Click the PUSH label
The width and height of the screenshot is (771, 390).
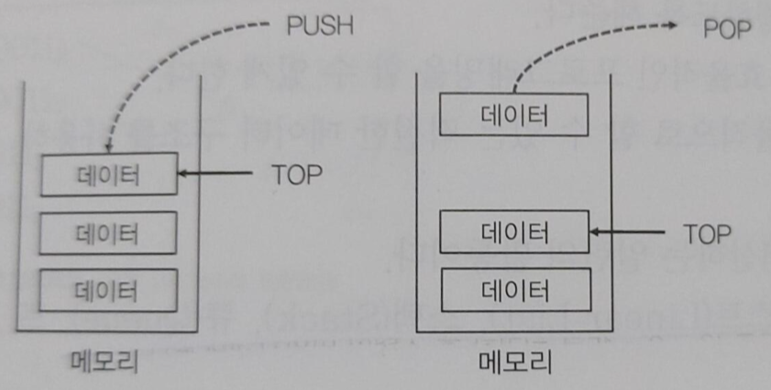coord(319,26)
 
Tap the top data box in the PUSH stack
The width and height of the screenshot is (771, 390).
coord(108,174)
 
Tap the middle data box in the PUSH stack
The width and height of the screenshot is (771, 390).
coord(108,231)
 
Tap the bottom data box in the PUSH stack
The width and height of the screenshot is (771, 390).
coord(108,290)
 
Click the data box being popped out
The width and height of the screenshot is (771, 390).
coord(513,116)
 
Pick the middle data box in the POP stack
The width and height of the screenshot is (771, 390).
coord(513,232)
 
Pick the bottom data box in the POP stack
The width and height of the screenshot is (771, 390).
coord(513,289)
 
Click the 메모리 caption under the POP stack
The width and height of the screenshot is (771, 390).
coord(515,365)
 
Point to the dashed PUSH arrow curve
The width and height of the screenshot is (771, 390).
coord(156,55)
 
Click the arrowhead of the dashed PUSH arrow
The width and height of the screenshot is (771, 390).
coord(108,146)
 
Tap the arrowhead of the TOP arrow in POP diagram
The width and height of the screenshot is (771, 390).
coord(594,232)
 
